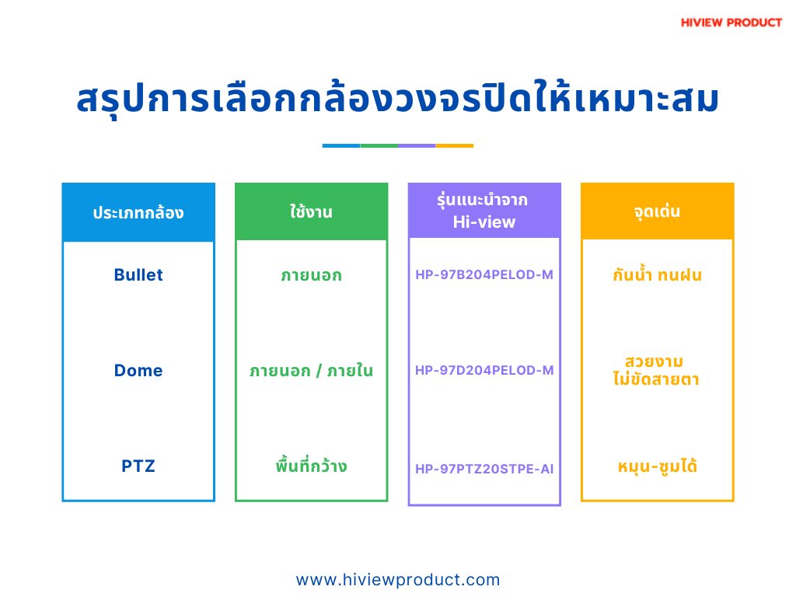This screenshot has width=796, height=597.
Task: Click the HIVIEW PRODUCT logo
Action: point(731,23)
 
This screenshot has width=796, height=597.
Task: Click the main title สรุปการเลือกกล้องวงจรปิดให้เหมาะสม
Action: point(397,99)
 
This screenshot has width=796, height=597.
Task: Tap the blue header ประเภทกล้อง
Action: point(138,212)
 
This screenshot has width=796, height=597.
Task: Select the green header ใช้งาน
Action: point(312,211)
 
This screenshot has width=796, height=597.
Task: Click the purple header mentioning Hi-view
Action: point(484,211)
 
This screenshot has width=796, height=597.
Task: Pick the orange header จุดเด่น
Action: point(658,211)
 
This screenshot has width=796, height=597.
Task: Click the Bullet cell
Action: point(138,274)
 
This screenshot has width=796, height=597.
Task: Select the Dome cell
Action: point(138,371)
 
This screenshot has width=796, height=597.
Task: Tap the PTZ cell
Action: point(138,466)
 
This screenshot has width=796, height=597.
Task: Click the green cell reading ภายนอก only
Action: point(312,276)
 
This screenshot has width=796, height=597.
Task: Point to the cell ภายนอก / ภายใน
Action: point(312,371)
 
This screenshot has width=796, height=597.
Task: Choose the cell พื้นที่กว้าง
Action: point(312,465)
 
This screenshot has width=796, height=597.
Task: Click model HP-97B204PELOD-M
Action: point(484,274)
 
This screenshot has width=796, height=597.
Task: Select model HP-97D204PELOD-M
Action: point(484,371)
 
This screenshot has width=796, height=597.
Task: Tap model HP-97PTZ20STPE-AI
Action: point(484,469)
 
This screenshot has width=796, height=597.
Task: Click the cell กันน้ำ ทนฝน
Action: point(658,274)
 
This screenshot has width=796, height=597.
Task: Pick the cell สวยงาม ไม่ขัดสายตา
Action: point(656,371)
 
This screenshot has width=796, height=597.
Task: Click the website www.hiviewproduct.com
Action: point(398,580)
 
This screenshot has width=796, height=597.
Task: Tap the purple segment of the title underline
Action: point(417,145)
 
